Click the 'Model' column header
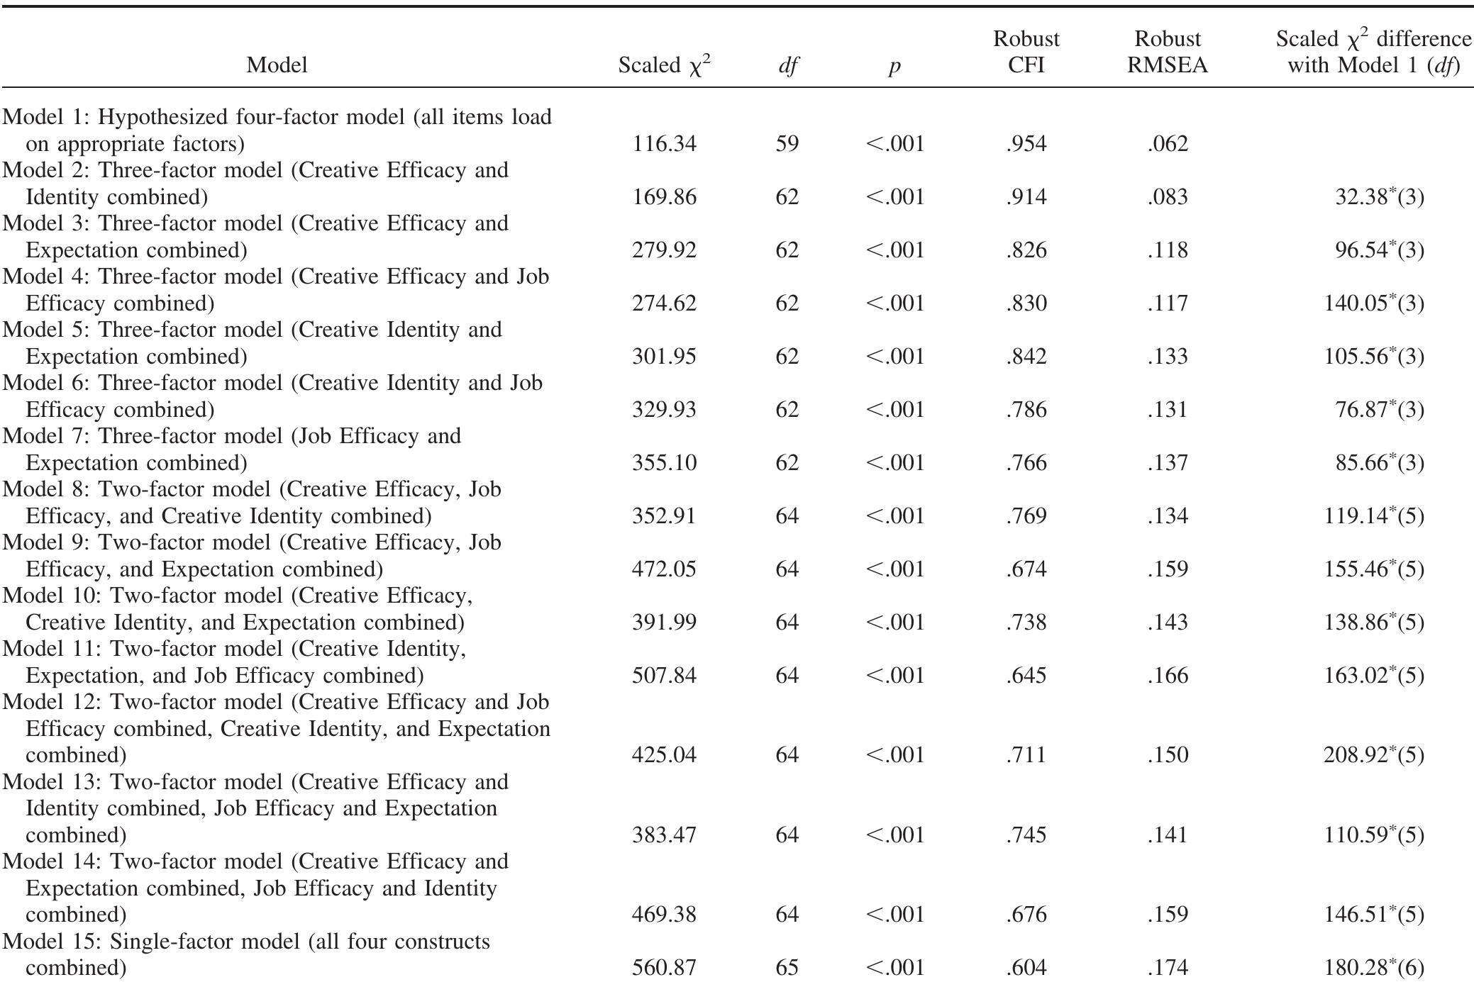tap(277, 65)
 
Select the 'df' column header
tap(787, 66)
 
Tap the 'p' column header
tap(894, 66)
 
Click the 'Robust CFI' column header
tap(1026, 52)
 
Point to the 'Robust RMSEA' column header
tap(1167, 52)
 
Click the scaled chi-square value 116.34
tap(664, 144)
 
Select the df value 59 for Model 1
tap(787, 144)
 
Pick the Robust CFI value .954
tap(1026, 144)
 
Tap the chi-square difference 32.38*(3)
tap(1379, 196)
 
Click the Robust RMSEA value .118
tap(1167, 250)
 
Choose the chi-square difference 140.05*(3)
tap(1373, 303)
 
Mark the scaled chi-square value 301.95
tap(664, 357)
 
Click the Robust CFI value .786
tap(1026, 410)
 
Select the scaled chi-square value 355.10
tap(664, 463)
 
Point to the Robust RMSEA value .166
tap(1167, 675)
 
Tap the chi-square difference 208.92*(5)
tap(1373, 755)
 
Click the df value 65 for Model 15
tap(787, 968)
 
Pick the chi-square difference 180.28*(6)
tap(1373, 968)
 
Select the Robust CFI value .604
tap(1026, 968)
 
